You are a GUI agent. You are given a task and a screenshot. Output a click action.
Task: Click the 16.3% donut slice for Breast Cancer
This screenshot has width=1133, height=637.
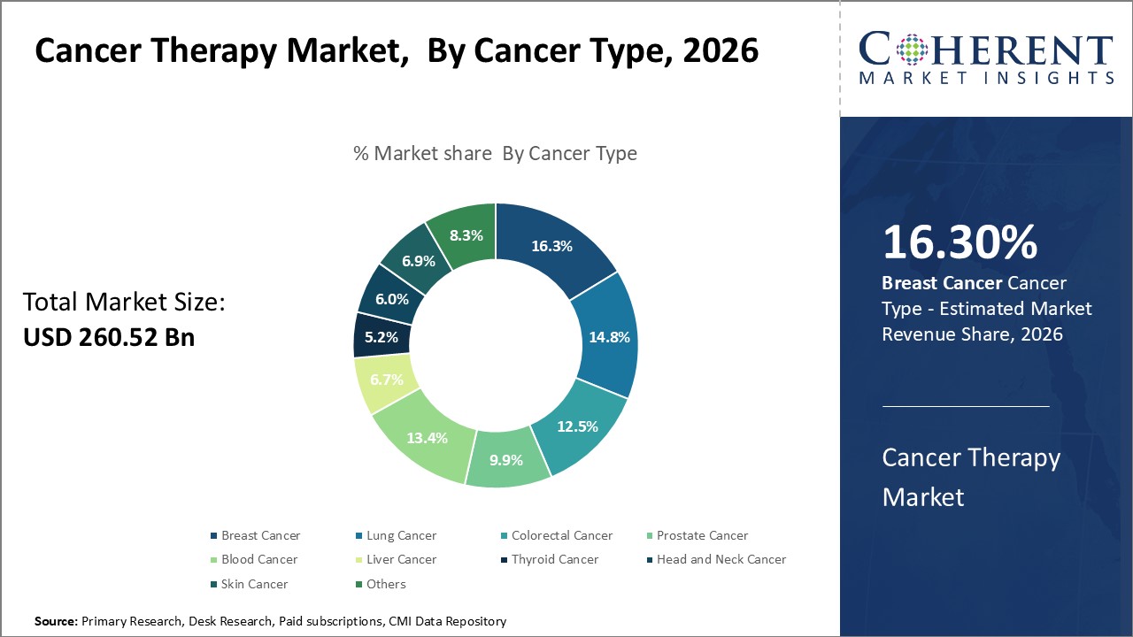click(x=551, y=247)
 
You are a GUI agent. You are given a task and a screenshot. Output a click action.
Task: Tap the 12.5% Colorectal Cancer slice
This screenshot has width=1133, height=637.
click(x=577, y=426)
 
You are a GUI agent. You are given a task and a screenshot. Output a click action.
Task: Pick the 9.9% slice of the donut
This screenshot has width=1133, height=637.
click(x=506, y=459)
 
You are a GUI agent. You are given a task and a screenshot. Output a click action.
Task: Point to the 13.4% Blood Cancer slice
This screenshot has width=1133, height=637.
click(x=426, y=437)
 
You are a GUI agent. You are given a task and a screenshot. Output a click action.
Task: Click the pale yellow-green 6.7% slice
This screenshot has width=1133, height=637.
click(x=387, y=380)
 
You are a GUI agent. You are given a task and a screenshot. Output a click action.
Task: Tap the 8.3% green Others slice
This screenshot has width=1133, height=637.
click(x=466, y=235)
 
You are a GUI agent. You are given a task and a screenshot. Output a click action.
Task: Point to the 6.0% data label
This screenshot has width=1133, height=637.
click(x=391, y=299)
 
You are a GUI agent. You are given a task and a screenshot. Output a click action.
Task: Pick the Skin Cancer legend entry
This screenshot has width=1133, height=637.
click(x=254, y=584)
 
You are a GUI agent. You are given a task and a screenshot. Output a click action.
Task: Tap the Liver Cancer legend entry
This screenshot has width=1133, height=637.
click(x=399, y=559)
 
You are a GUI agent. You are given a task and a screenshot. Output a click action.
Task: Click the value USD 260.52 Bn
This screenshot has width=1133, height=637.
click(x=108, y=337)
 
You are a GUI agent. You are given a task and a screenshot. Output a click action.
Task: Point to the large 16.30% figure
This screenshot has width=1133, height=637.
click(x=960, y=243)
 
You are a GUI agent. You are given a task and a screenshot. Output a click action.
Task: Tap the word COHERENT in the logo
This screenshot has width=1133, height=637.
click(x=986, y=50)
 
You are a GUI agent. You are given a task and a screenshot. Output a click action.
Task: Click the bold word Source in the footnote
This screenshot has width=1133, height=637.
click(x=56, y=622)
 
